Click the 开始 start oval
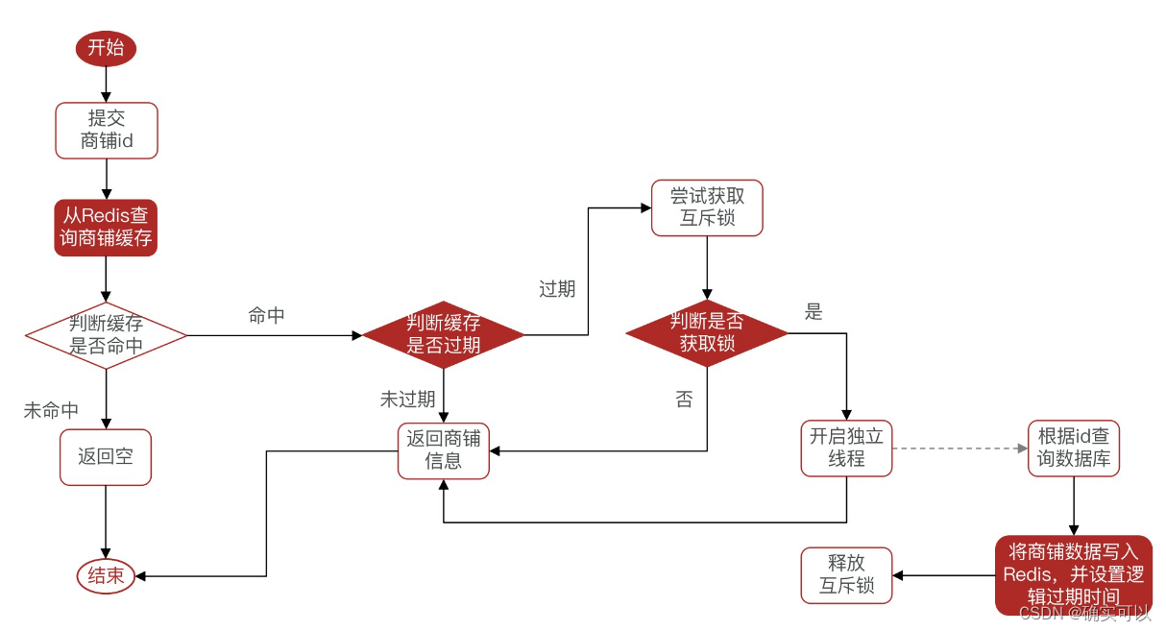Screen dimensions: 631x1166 (106, 48)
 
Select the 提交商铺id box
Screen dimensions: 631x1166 (106, 131)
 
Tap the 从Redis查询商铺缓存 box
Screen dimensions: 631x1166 (106, 227)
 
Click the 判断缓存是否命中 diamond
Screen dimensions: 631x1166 (106, 334)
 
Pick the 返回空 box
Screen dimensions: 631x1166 (106, 456)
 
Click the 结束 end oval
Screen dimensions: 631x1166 (106, 576)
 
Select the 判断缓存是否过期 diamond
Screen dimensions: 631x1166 (443, 334)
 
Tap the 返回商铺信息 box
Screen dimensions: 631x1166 (443, 449)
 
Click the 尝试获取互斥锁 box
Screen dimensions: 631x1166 (707, 207)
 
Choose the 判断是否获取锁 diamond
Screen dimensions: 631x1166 (707, 332)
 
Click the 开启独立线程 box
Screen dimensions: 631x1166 (846, 448)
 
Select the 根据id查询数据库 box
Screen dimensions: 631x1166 (1073, 448)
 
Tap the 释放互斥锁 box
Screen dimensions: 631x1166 (846, 574)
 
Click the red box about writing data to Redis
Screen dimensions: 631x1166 (1073, 574)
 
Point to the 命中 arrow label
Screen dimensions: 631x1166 (266, 316)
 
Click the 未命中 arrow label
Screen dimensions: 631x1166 (51, 410)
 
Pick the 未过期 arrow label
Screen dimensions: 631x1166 (407, 400)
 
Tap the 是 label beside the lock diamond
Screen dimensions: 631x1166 (814, 312)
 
